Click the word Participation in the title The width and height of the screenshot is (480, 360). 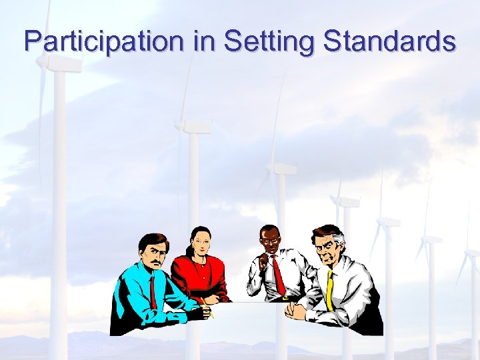(x=103, y=41)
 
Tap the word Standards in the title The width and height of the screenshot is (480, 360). (x=389, y=41)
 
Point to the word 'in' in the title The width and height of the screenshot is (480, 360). (x=203, y=41)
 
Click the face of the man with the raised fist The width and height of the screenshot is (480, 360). (x=271, y=241)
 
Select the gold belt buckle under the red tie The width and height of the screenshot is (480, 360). (x=287, y=297)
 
